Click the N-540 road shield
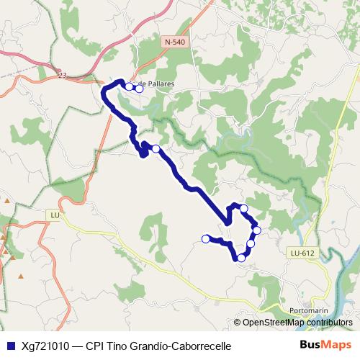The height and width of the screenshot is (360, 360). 174,42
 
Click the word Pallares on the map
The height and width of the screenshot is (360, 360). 159,84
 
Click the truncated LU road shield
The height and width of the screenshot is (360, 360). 54,215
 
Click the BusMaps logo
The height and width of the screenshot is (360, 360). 325,346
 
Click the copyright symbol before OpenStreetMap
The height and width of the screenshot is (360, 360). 238,323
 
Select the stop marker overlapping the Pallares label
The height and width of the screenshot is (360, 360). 139,89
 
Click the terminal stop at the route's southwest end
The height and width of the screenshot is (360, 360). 206,238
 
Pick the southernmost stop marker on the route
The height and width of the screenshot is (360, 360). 241,257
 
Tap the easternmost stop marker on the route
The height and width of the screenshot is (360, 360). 256,230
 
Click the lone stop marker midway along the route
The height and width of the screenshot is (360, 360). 156,149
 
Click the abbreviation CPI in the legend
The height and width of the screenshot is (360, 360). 94,346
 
